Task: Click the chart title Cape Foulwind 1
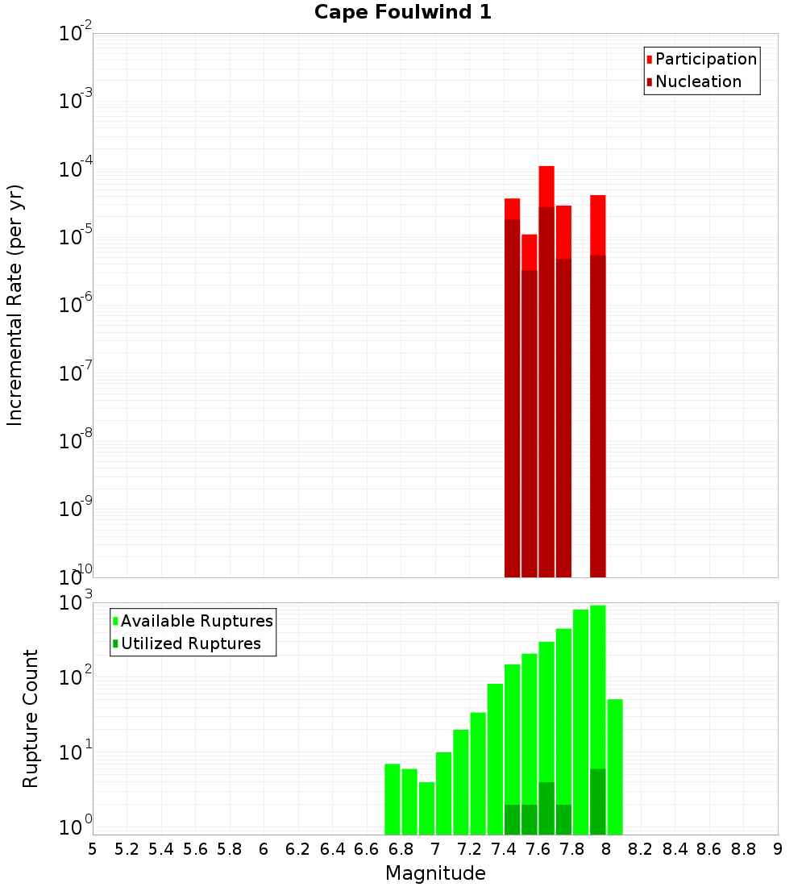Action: coord(402,12)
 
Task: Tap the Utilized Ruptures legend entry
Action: coord(189,643)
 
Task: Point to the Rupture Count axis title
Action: coord(31,718)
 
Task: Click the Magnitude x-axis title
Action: coord(435,873)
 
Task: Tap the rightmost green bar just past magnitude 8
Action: coord(615,766)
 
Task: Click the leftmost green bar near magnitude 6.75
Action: coord(393,798)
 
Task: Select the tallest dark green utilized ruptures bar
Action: coord(597,802)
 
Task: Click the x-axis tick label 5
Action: coord(93,848)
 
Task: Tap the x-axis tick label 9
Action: coord(777,848)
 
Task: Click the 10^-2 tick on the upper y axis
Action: coord(76,35)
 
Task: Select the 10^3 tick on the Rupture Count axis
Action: coord(76,604)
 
